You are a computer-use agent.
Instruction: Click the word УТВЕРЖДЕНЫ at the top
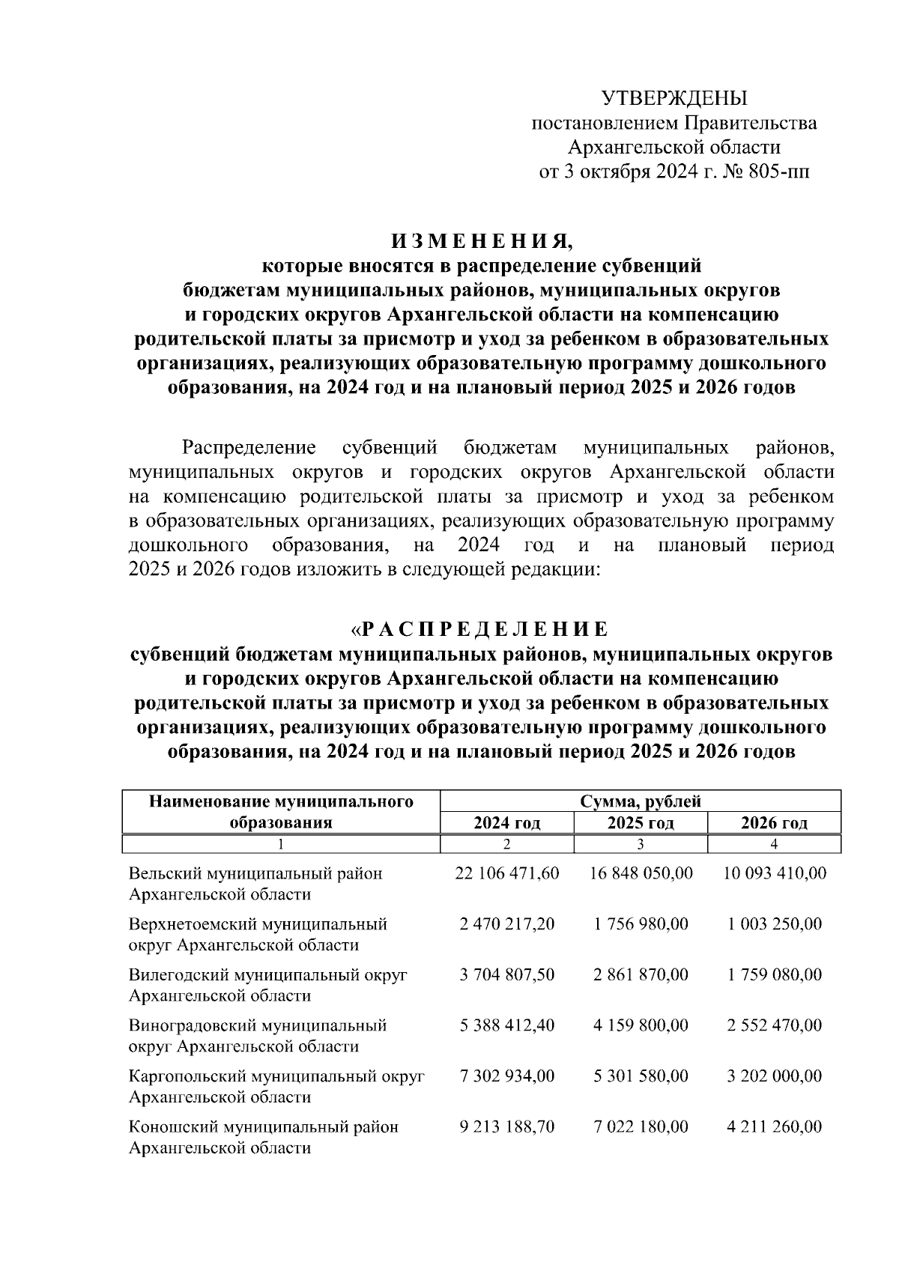click(674, 98)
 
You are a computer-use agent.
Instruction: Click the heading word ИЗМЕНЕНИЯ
click(481, 241)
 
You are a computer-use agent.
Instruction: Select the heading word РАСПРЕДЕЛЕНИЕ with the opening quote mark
click(481, 628)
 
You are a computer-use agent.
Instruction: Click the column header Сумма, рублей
click(640, 801)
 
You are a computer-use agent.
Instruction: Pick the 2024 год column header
click(506, 823)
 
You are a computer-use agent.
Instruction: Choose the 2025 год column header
click(641, 823)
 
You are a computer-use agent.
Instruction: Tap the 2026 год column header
click(774, 823)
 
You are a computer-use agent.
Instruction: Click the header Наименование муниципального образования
click(281, 812)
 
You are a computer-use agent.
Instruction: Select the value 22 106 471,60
click(506, 873)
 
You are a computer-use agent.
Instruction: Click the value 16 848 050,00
click(641, 873)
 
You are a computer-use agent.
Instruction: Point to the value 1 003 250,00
click(774, 924)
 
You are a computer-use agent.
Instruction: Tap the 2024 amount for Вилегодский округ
click(506, 974)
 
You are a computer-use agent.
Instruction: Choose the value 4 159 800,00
click(641, 1025)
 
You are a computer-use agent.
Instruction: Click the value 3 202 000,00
click(774, 1076)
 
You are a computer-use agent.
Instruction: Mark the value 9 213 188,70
click(506, 1126)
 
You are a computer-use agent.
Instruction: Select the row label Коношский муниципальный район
click(264, 1126)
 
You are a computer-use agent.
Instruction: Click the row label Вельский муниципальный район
click(255, 873)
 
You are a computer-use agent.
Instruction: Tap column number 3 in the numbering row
click(641, 844)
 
